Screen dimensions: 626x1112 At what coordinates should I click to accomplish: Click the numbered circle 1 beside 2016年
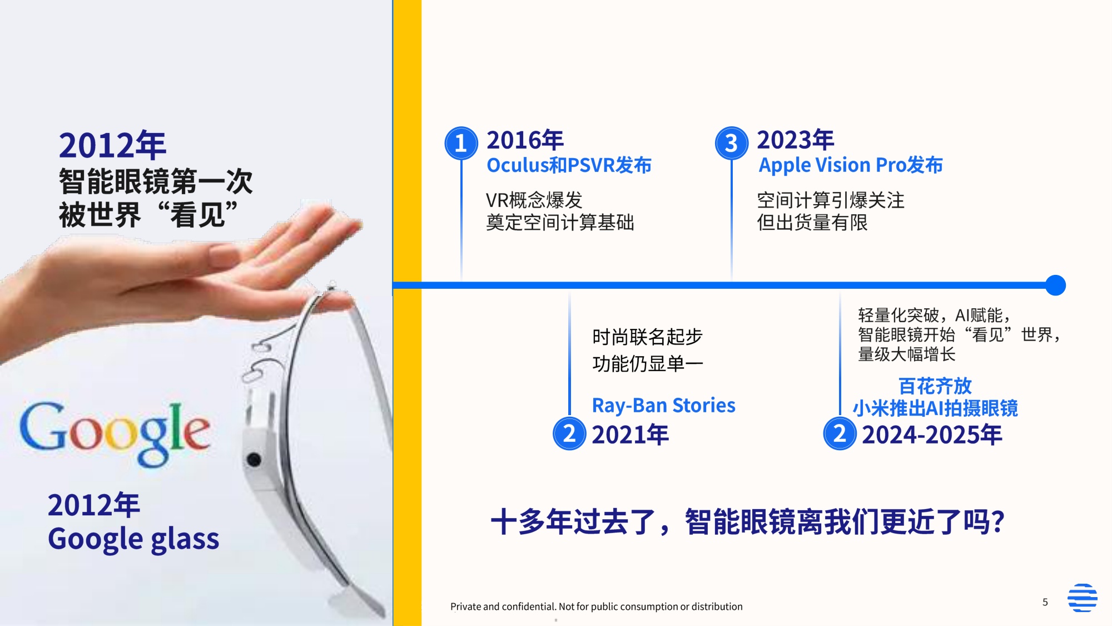click(x=461, y=143)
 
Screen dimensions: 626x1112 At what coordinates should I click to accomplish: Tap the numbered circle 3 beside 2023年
click(x=731, y=143)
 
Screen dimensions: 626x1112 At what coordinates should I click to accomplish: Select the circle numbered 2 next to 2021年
click(x=569, y=434)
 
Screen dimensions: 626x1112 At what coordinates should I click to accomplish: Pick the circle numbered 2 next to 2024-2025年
click(x=840, y=434)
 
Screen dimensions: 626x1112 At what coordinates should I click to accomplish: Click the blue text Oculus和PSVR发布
click(x=569, y=165)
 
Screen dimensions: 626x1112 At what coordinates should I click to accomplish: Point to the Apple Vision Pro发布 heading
click(x=851, y=165)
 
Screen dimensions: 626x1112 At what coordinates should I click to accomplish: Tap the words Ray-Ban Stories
click(x=663, y=405)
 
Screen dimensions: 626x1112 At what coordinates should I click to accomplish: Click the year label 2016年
click(x=525, y=140)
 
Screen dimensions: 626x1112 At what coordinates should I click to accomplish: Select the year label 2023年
click(x=795, y=140)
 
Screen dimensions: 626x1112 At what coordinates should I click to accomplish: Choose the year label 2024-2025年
click(x=932, y=435)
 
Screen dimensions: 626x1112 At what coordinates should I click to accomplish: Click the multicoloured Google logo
click(x=115, y=433)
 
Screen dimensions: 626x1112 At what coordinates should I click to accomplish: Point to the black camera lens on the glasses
click(x=254, y=460)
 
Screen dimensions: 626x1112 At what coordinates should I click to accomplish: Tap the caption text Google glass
click(x=133, y=539)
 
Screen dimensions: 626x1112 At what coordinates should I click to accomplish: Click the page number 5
click(x=1045, y=602)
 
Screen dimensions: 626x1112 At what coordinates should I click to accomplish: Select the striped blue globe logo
click(x=1082, y=598)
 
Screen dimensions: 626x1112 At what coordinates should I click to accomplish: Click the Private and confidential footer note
click(x=596, y=607)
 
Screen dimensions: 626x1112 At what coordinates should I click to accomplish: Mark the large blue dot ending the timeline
click(x=1055, y=285)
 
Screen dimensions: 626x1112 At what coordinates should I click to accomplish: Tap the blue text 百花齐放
click(x=935, y=386)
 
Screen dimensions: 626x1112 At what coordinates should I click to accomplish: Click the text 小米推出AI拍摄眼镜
click(x=935, y=408)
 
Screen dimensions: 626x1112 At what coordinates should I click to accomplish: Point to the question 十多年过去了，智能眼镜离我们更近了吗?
click(x=747, y=522)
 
